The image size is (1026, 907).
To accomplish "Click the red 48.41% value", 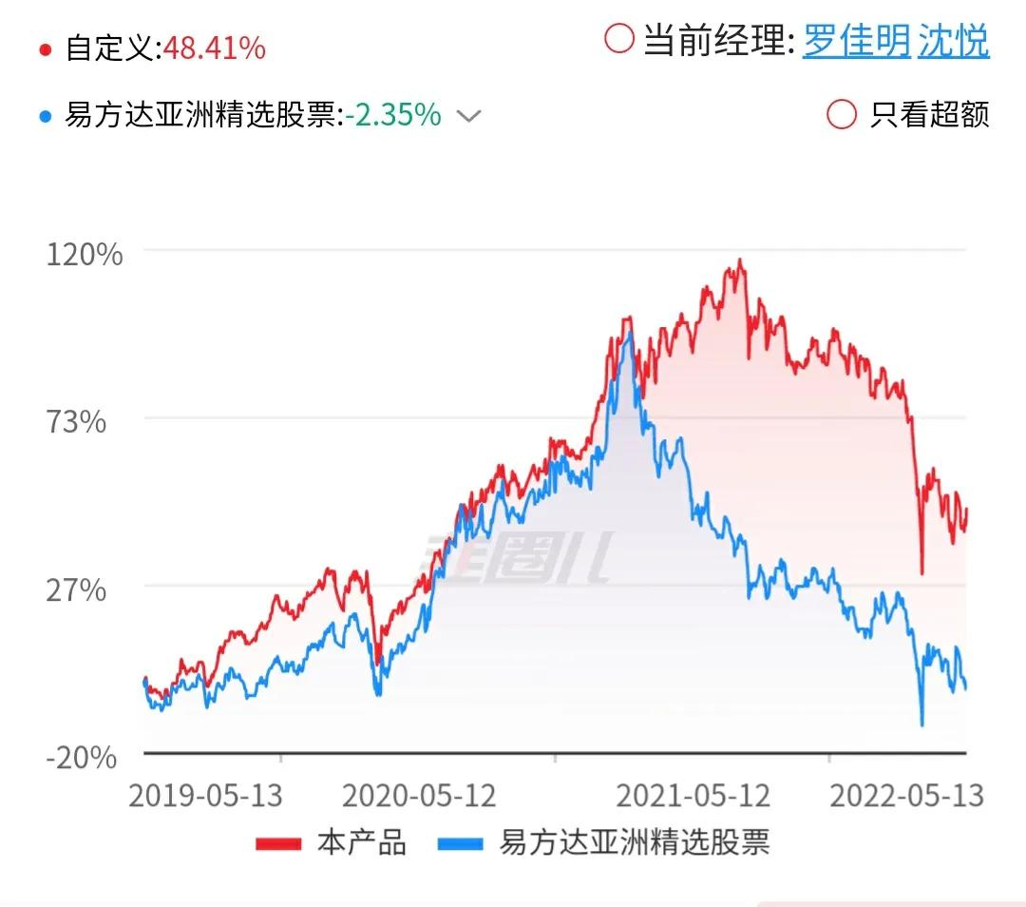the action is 215,48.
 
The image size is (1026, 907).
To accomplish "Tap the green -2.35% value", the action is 393,115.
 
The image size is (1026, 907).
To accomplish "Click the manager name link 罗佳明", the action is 857,41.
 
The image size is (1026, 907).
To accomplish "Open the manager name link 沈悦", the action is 954,41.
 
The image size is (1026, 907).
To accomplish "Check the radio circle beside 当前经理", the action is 619,39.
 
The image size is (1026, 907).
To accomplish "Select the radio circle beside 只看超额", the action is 842,115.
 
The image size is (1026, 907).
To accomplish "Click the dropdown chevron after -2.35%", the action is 468,117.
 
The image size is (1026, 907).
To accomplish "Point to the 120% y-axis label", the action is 85,254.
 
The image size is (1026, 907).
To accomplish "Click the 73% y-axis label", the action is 76,422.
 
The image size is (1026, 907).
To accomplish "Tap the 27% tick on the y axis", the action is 76,590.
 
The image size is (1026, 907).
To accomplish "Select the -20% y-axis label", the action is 81,758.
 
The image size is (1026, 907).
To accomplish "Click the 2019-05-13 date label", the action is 205,796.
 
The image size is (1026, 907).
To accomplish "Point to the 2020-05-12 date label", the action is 420,796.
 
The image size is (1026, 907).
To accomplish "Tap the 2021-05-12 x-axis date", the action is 693,796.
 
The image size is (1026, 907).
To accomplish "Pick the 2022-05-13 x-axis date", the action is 907,796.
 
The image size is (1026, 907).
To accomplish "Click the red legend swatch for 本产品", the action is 278,843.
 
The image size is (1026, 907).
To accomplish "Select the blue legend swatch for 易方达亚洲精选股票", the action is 461,843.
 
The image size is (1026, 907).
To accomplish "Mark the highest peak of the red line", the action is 740,260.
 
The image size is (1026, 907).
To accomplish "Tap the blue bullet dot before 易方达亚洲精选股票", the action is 46,117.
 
